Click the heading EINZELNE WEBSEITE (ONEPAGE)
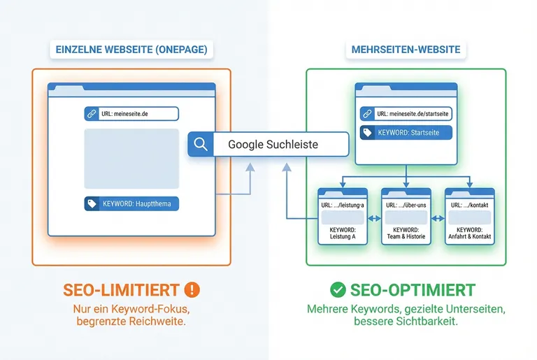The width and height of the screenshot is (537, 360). click(131, 50)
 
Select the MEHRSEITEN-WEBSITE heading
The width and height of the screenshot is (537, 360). click(406, 50)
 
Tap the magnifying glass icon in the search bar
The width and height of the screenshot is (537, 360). click(201, 145)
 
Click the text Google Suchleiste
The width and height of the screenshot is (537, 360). click(273, 145)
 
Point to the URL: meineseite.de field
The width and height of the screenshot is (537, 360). click(131, 114)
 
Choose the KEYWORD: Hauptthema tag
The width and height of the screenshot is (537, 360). click(131, 204)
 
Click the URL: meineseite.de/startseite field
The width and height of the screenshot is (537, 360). click(406, 114)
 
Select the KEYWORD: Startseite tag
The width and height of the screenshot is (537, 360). click(406, 132)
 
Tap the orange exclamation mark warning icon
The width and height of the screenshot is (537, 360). click(192, 289)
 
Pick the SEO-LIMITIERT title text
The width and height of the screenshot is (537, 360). click(122, 289)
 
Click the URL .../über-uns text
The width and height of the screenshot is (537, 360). click(406, 205)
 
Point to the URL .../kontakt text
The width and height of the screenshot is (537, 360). click(469, 205)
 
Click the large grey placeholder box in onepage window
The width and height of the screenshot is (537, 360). click(131, 159)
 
